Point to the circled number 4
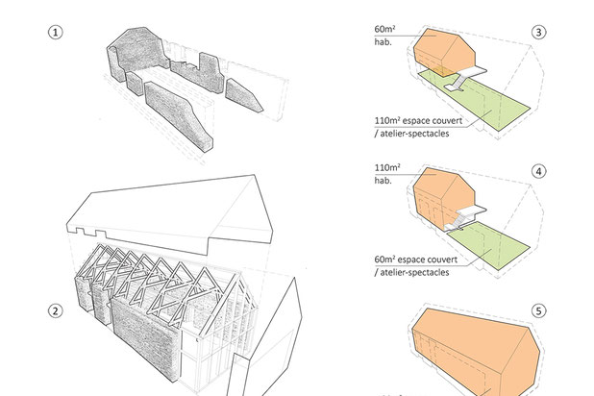point(540,174)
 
